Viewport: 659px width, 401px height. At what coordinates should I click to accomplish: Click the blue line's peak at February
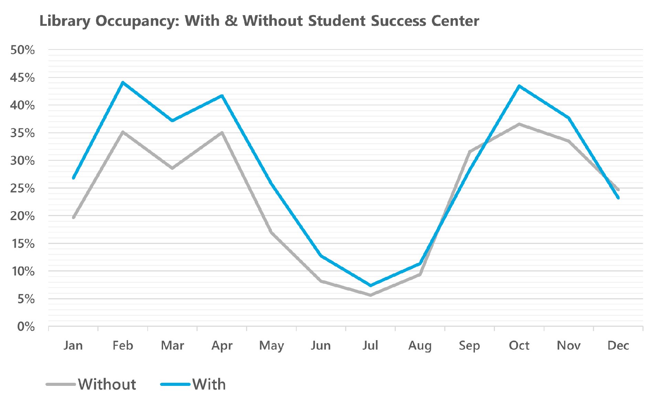123,83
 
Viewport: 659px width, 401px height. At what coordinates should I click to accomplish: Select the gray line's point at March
172,168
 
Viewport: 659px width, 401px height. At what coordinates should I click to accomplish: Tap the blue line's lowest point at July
371,285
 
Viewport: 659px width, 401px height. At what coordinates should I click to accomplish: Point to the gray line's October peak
519,124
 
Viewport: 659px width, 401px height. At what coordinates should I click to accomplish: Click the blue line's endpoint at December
618,198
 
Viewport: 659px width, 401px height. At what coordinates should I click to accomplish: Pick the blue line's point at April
222,96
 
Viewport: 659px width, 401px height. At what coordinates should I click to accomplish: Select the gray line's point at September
470,152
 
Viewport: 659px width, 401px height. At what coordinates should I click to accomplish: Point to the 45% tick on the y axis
23,78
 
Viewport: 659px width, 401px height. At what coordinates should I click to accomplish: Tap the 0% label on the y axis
26,326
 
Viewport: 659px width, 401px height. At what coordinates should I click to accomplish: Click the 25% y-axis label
23,188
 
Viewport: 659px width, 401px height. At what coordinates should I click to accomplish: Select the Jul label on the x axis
370,345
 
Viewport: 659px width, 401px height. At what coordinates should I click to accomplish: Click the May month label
272,345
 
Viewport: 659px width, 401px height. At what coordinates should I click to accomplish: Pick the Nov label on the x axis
568,345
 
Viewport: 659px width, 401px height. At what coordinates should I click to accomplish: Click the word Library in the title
65,21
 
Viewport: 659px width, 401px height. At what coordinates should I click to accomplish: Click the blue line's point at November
569,118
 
